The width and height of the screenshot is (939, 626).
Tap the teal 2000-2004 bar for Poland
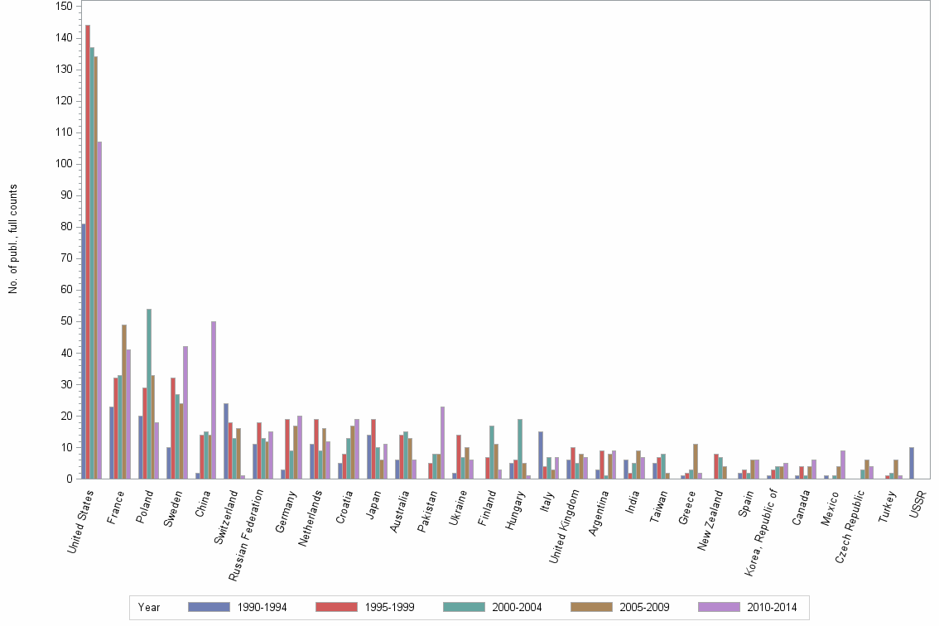[x=149, y=393]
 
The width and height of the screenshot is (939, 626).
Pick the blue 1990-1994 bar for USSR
[x=912, y=463]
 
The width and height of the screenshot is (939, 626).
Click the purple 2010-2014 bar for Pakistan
[x=443, y=442]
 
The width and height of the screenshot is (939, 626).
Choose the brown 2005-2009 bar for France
[x=124, y=402]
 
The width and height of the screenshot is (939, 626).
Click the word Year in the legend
[x=149, y=608]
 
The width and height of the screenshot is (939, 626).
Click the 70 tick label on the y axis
[x=65, y=258]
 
